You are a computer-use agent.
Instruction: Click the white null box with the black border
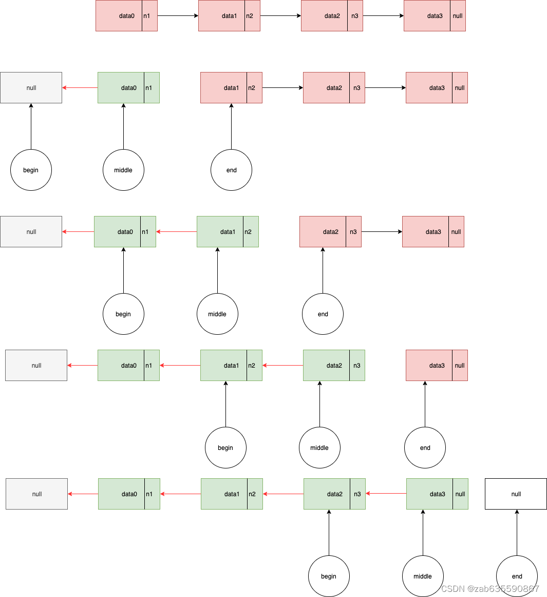(x=516, y=494)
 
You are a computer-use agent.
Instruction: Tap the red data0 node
(x=119, y=16)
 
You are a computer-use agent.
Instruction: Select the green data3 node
(x=430, y=494)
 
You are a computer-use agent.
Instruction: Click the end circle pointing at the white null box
(x=517, y=576)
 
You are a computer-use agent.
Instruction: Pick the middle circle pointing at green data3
(x=423, y=576)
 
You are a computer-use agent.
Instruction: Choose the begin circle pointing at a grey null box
(x=31, y=170)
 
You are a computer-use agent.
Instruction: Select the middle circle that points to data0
(x=123, y=170)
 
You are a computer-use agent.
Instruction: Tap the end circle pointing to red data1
(x=231, y=170)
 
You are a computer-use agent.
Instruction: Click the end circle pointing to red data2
(x=323, y=314)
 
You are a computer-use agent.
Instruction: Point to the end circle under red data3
(x=425, y=447)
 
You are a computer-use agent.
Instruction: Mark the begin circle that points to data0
(x=123, y=314)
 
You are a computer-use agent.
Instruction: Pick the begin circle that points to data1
(x=225, y=447)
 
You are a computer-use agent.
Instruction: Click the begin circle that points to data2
(x=329, y=576)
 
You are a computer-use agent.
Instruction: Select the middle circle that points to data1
(x=217, y=314)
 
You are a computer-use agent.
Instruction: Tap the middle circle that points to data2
(x=319, y=447)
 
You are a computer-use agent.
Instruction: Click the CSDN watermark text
(x=490, y=589)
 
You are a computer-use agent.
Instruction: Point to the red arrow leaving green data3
(x=386, y=494)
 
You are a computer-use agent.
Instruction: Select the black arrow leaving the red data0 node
(x=178, y=16)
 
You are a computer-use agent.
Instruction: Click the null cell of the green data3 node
(x=460, y=494)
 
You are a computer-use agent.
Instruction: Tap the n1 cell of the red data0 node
(x=149, y=16)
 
